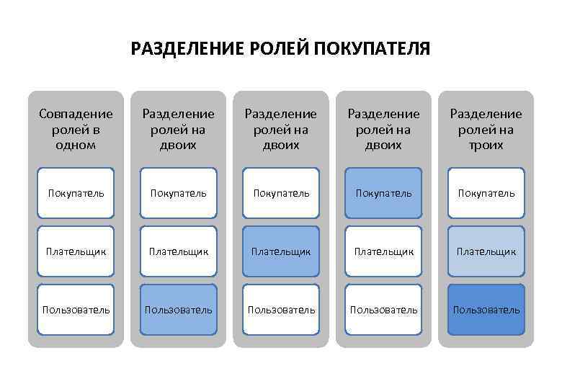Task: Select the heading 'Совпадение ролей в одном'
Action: [76, 129]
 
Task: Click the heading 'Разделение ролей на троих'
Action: [486, 129]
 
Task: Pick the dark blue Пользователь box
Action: [486, 310]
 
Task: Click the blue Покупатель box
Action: [383, 193]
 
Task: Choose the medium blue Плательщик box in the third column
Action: [281, 251]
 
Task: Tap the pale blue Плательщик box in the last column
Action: [486, 251]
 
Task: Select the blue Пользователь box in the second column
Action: [179, 310]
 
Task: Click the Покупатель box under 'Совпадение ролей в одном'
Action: [76, 193]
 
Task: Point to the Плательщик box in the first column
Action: [76, 251]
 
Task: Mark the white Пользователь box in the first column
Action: [76, 310]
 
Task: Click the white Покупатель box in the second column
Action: [179, 193]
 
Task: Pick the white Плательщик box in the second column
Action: [179, 251]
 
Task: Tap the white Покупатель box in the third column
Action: [281, 193]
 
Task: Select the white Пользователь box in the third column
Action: [281, 310]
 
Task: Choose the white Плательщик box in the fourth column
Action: [383, 251]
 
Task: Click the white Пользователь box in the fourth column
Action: [383, 310]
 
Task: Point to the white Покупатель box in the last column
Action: [486, 193]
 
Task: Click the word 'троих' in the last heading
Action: [486, 145]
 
